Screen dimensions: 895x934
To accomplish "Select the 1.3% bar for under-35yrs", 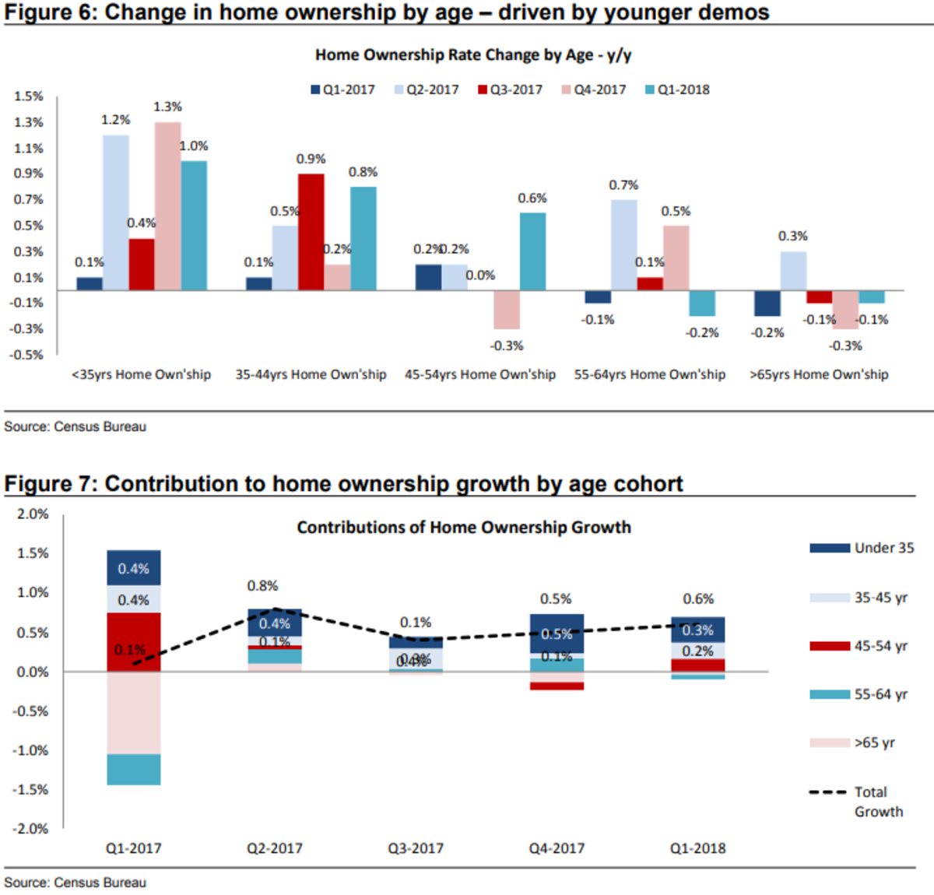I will point(168,206).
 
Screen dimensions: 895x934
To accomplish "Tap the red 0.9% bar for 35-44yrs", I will point(311,232).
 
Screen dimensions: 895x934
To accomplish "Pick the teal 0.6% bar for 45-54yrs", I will point(532,251).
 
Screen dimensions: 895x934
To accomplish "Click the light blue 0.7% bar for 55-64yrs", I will point(624,244).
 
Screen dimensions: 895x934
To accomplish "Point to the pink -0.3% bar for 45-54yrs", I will point(507,310).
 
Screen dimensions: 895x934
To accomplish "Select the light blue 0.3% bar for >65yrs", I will point(793,271).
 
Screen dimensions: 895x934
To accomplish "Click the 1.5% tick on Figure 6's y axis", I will point(29,97).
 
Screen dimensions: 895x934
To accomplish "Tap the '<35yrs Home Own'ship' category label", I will point(141,374).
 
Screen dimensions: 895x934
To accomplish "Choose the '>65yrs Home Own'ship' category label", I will point(819,374).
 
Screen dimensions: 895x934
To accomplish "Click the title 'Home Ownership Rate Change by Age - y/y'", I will point(473,55).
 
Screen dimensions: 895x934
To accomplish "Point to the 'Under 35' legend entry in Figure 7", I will point(862,548).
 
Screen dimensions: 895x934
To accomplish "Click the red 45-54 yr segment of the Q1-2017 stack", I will point(134,642).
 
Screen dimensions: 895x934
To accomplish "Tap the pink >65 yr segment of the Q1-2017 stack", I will point(134,713).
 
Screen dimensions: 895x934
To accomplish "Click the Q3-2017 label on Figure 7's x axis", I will point(416,848).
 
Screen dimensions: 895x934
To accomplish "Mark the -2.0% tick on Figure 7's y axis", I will point(30,829).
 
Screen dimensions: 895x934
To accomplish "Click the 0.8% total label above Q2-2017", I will point(263,586).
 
